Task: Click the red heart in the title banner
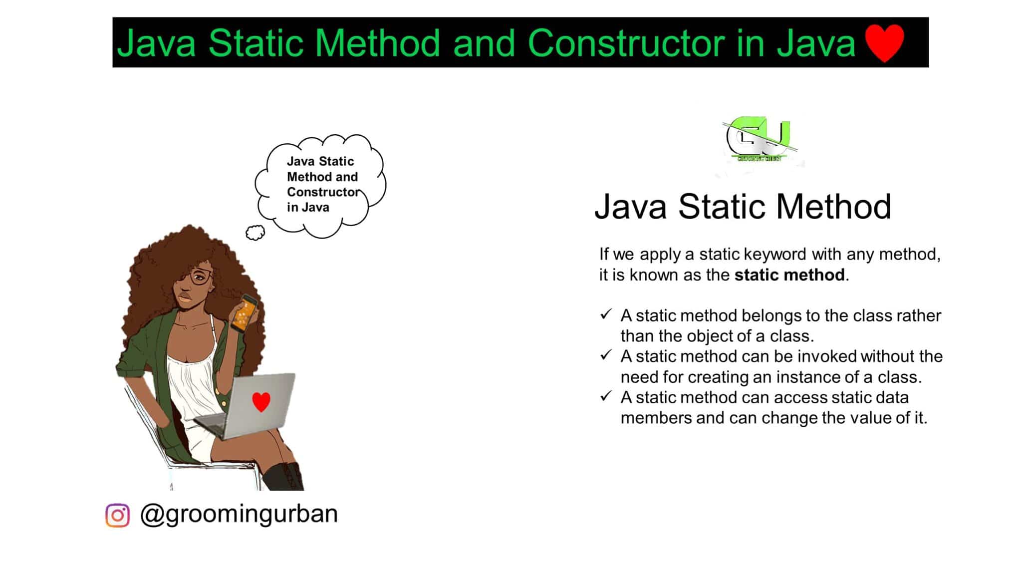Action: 884,43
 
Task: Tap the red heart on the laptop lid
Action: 261,401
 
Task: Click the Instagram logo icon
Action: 118,515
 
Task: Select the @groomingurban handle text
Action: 239,514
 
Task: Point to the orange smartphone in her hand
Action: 245,313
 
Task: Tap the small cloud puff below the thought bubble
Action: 255,233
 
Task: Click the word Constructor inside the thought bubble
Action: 322,192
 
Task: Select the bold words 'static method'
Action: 789,275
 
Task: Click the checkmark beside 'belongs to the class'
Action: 606,314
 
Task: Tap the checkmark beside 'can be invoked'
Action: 606,355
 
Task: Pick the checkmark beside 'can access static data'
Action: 606,396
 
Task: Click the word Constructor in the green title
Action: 626,43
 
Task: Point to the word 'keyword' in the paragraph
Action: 775,254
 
